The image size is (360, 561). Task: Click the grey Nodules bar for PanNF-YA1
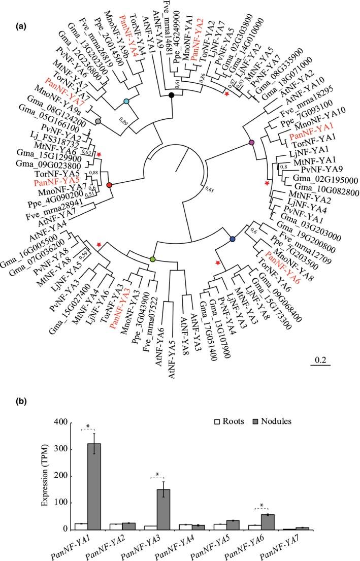[94, 488]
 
